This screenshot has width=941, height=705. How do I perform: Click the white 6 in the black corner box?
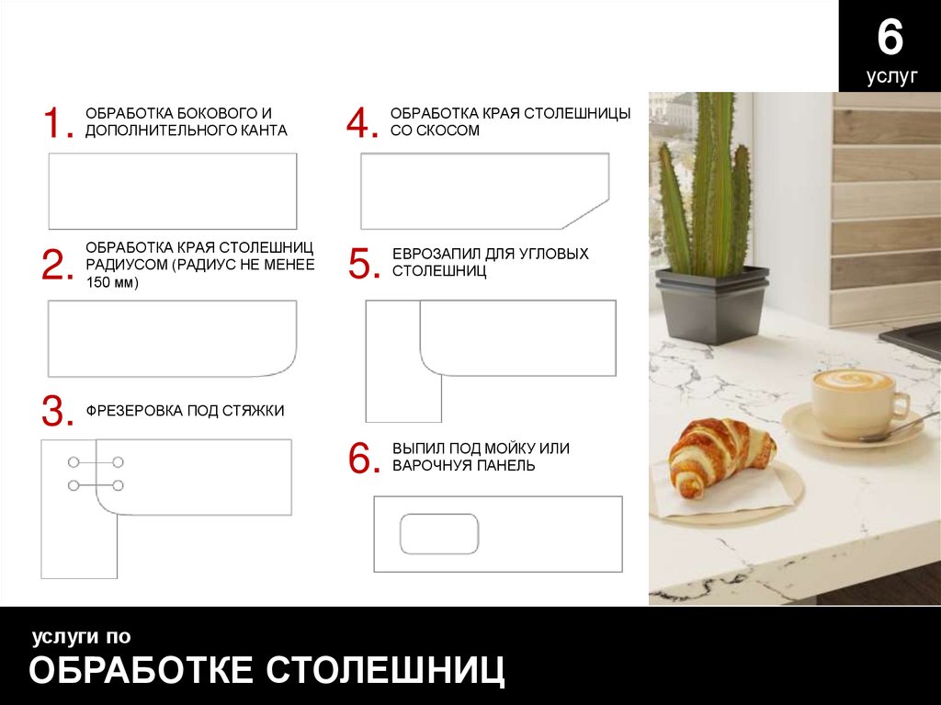[890, 38]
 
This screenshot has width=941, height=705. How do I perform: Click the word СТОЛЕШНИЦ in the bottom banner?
[385, 669]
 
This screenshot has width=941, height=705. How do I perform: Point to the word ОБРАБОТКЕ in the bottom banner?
[141, 669]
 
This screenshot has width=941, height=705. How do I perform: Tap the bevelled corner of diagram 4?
[585, 214]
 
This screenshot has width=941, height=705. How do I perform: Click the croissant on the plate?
[721, 457]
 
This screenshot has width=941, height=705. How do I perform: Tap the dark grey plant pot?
[712, 305]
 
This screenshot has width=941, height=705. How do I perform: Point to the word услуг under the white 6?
[891, 77]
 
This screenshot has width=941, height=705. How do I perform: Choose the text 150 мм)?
[112, 282]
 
